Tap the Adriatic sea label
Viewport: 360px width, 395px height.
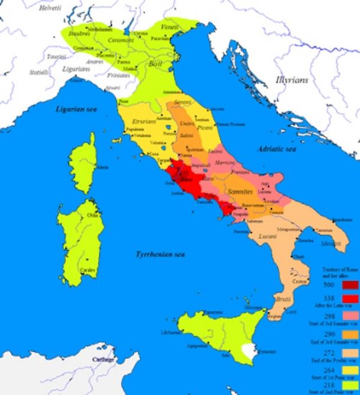pyautogui.click(x=274, y=150)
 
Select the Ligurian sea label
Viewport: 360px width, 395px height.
pyautogui.click(x=75, y=109)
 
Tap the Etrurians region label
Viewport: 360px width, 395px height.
pyautogui.click(x=144, y=120)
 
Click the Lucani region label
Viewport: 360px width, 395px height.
pyautogui.click(x=269, y=236)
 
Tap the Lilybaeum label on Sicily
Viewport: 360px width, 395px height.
pyautogui.click(x=171, y=332)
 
